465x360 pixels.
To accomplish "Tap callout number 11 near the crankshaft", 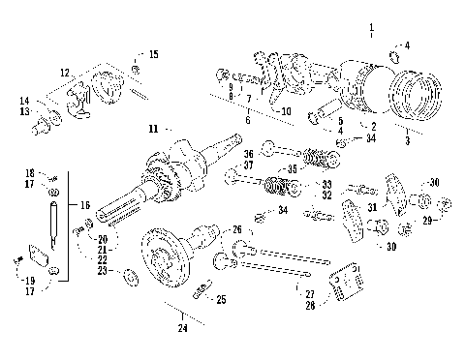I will [x=153, y=128].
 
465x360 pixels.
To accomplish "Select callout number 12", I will [x=65, y=73].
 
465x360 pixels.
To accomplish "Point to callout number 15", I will [x=153, y=54].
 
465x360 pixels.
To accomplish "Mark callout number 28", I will [x=309, y=306].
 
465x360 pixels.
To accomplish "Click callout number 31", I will [x=373, y=207].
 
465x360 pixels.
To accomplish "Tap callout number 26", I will [x=237, y=228].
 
